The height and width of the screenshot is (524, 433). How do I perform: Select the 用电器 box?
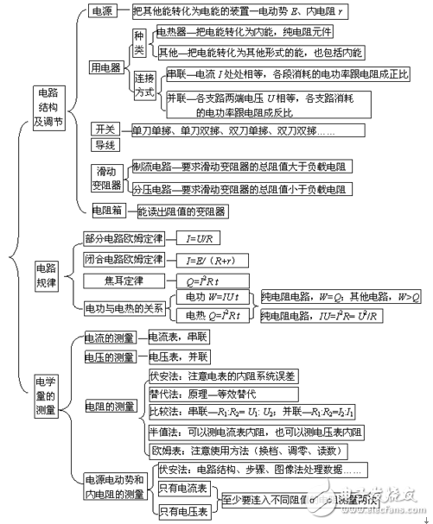click(106, 66)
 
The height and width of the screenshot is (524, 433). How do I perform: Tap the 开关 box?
click(105, 129)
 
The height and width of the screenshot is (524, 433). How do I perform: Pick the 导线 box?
click(105, 145)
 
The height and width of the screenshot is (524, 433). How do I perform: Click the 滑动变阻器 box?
click(107, 176)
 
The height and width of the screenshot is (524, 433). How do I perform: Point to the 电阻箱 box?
click(106, 210)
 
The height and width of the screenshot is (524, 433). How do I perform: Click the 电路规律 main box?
click(46, 274)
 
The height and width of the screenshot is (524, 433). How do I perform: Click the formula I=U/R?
click(201, 237)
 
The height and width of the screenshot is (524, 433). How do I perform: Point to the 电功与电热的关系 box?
click(123, 306)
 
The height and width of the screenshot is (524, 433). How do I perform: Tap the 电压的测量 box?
click(109, 357)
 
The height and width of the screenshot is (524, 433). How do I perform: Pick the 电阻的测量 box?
click(113, 406)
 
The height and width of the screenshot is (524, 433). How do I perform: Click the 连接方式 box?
click(144, 84)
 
